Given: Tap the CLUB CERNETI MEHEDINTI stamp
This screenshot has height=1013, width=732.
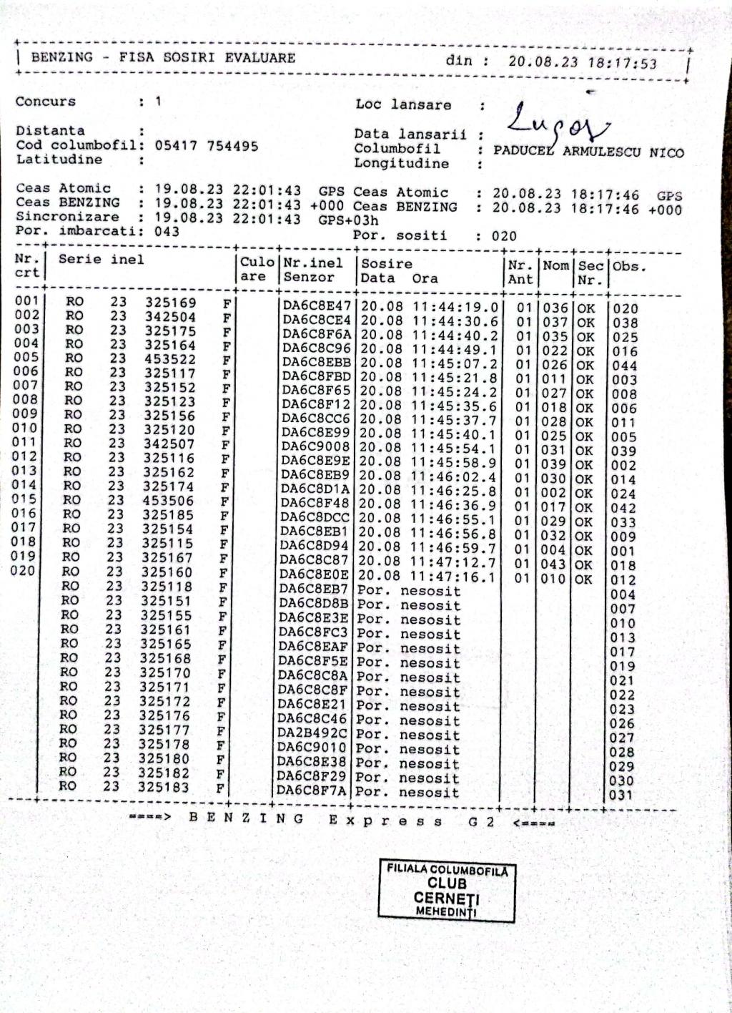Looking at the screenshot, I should pyautogui.click(x=447, y=890).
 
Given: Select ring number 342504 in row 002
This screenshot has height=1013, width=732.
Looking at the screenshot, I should pyautogui.click(x=170, y=317).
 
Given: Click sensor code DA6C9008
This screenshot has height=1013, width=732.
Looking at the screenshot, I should pyautogui.click(x=316, y=447).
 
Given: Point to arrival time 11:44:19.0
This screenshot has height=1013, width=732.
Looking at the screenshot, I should pyautogui.click(x=455, y=308).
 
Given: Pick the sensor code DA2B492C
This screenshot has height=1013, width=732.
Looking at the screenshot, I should pyautogui.click(x=312, y=734).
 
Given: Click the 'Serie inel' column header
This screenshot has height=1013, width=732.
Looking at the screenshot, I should pyautogui.click(x=101, y=260).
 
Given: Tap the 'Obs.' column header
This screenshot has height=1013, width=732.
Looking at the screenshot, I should pyautogui.click(x=629, y=266).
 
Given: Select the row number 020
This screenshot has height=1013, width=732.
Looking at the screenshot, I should pyautogui.click(x=23, y=571).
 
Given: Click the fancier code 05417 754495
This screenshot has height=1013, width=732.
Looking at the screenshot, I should pyautogui.click(x=207, y=146).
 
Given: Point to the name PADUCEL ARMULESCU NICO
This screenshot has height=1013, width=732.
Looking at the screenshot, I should pyautogui.click(x=588, y=152).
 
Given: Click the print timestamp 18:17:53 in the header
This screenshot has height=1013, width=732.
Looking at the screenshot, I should pyautogui.click(x=622, y=63).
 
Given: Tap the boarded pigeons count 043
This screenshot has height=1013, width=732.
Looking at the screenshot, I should pyautogui.click(x=167, y=231).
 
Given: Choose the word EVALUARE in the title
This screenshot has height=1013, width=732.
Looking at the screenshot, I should pyautogui.click(x=259, y=58).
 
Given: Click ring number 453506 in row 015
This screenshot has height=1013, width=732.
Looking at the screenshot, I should pyautogui.click(x=168, y=500).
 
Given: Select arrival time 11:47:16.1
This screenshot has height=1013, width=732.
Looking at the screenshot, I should pyautogui.click(x=452, y=577).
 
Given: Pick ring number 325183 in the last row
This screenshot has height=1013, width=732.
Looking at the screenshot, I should pyautogui.click(x=164, y=787).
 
